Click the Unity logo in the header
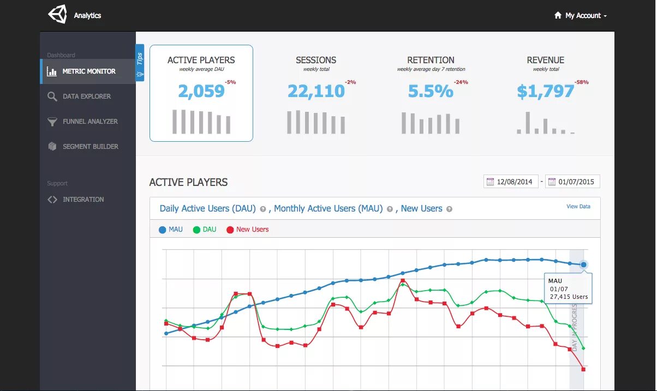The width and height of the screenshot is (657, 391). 57,15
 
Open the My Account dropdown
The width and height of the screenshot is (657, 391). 581,16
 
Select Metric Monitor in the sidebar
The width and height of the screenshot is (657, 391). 88,71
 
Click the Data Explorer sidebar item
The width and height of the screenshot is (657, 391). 86,97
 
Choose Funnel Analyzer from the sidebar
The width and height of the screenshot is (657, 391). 89,122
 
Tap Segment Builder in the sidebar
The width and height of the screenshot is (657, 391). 90,147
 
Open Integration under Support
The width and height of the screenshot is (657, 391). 83,200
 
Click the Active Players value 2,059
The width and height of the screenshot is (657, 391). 201,92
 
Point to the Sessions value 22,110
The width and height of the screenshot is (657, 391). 316,92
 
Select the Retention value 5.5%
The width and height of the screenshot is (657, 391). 431,92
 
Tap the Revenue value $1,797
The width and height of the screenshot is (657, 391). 545,92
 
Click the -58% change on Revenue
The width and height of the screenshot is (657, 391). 581,82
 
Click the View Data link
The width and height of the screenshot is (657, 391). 578,207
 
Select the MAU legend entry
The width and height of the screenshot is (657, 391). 171,230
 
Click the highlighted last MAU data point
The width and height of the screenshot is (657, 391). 584,264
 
